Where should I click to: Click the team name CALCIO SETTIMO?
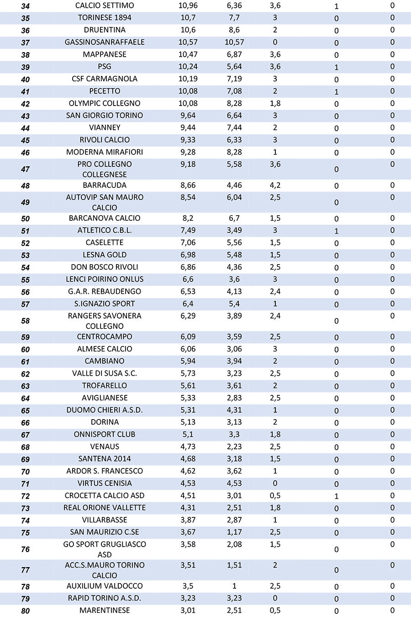click(x=105, y=5)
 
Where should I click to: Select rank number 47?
click(x=26, y=169)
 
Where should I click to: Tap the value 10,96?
click(x=188, y=5)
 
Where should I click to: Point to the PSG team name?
click(x=105, y=66)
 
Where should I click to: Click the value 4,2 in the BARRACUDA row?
click(x=275, y=185)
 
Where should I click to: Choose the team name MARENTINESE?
click(x=105, y=610)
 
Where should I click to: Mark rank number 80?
click(x=26, y=611)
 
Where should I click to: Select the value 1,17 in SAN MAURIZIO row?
click(x=234, y=532)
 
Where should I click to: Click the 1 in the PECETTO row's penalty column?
click(x=337, y=92)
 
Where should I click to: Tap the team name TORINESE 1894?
click(x=105, y=17)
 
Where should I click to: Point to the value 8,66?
click(x=188, y=185)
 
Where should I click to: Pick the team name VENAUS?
click(x=105, y=447)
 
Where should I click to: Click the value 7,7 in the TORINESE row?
click(x=234, y=17)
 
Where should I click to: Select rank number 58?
click(x=26, y=321)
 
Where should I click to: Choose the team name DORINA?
click(x=105, y=422)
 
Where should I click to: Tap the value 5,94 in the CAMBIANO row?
click(x=188, y=361)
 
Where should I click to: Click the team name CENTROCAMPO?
click(x=105, y=336)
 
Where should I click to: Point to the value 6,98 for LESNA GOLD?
click(x=188, y=255)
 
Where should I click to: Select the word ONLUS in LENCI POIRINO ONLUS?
click(x=132, y=279)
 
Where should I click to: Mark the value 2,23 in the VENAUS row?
click(x=234, y=447)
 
